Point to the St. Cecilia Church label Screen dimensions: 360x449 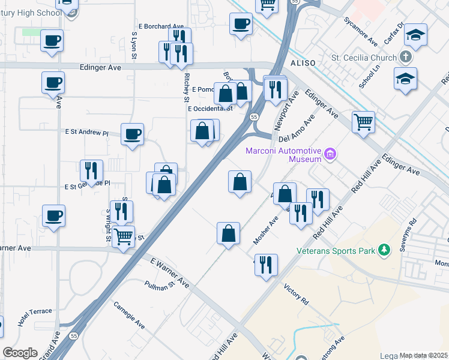[x=364, y=58]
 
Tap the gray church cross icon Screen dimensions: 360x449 [x=406, y=58]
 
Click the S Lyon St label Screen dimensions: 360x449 [x=134, y=46]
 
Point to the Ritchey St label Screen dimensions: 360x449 [x=187, y=84]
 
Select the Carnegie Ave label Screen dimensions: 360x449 [x=129, y=314]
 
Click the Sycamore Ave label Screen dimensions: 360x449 [x=361, y=33]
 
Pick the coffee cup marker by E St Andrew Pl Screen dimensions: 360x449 [x=132, y=134]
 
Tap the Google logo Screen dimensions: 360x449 [x=20, y=353]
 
